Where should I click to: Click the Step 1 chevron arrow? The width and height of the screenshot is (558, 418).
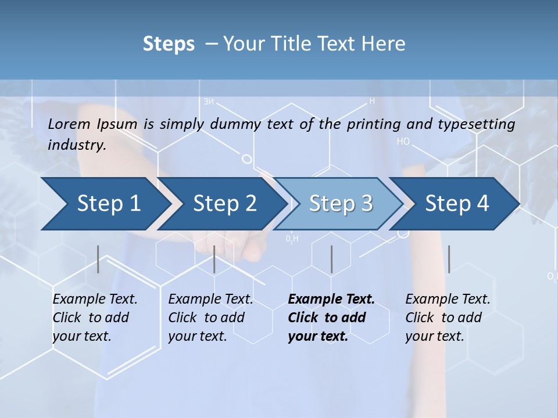[x=105, y=203]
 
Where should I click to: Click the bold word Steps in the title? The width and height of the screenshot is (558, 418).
[x=169, y=44]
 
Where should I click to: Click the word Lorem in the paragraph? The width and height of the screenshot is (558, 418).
[x=69, y=124]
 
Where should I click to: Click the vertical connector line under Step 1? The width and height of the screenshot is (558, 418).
[x=98, y=259]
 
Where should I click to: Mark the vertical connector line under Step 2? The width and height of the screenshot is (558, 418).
[x=214, y=259]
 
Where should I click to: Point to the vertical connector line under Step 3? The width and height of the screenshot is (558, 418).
[x=332, y=259]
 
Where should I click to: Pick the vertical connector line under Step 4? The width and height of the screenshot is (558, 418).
[x=449, y=259]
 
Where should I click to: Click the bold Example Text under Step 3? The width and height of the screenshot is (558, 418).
[x=331, y=299]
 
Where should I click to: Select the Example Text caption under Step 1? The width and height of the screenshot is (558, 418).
[x=95, y=299]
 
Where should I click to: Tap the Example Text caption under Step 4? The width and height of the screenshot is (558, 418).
[x=448, y=299]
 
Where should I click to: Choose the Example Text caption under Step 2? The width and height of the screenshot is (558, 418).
[x=210, y=299]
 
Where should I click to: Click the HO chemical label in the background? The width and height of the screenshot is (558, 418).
[x=403, y=141]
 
